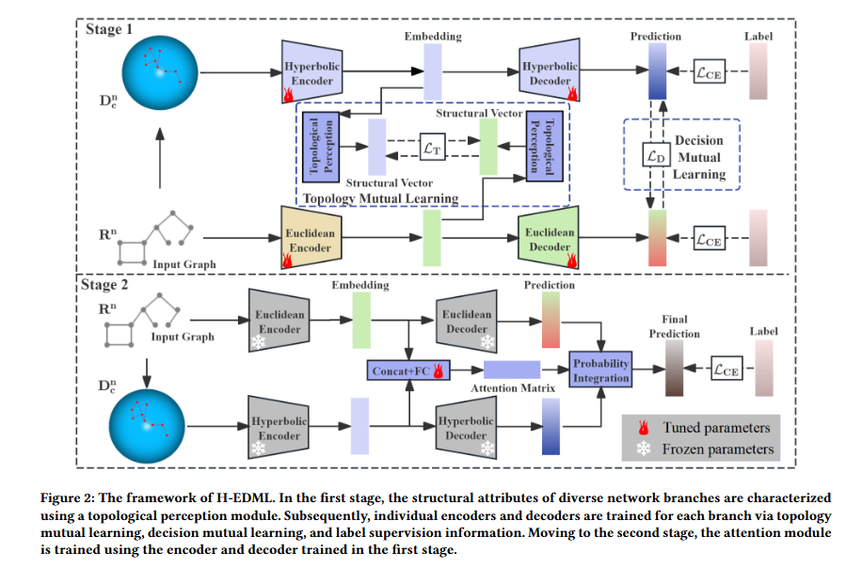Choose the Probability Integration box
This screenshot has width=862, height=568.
click(x=601, y=370)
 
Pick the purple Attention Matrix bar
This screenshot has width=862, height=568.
click(x=511, y=370)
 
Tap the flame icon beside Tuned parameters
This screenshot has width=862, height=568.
click(x=645, y=428)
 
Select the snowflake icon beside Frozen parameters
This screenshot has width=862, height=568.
click(x=645, y=450)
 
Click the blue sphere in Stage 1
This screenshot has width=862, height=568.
click(x=159, y=69)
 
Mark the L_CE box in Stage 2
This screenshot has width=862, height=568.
click(x=727, y=370)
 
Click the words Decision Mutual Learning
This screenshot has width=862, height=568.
click(x=698, y=157)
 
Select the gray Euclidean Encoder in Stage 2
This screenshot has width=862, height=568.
click(x=279, y=322)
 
